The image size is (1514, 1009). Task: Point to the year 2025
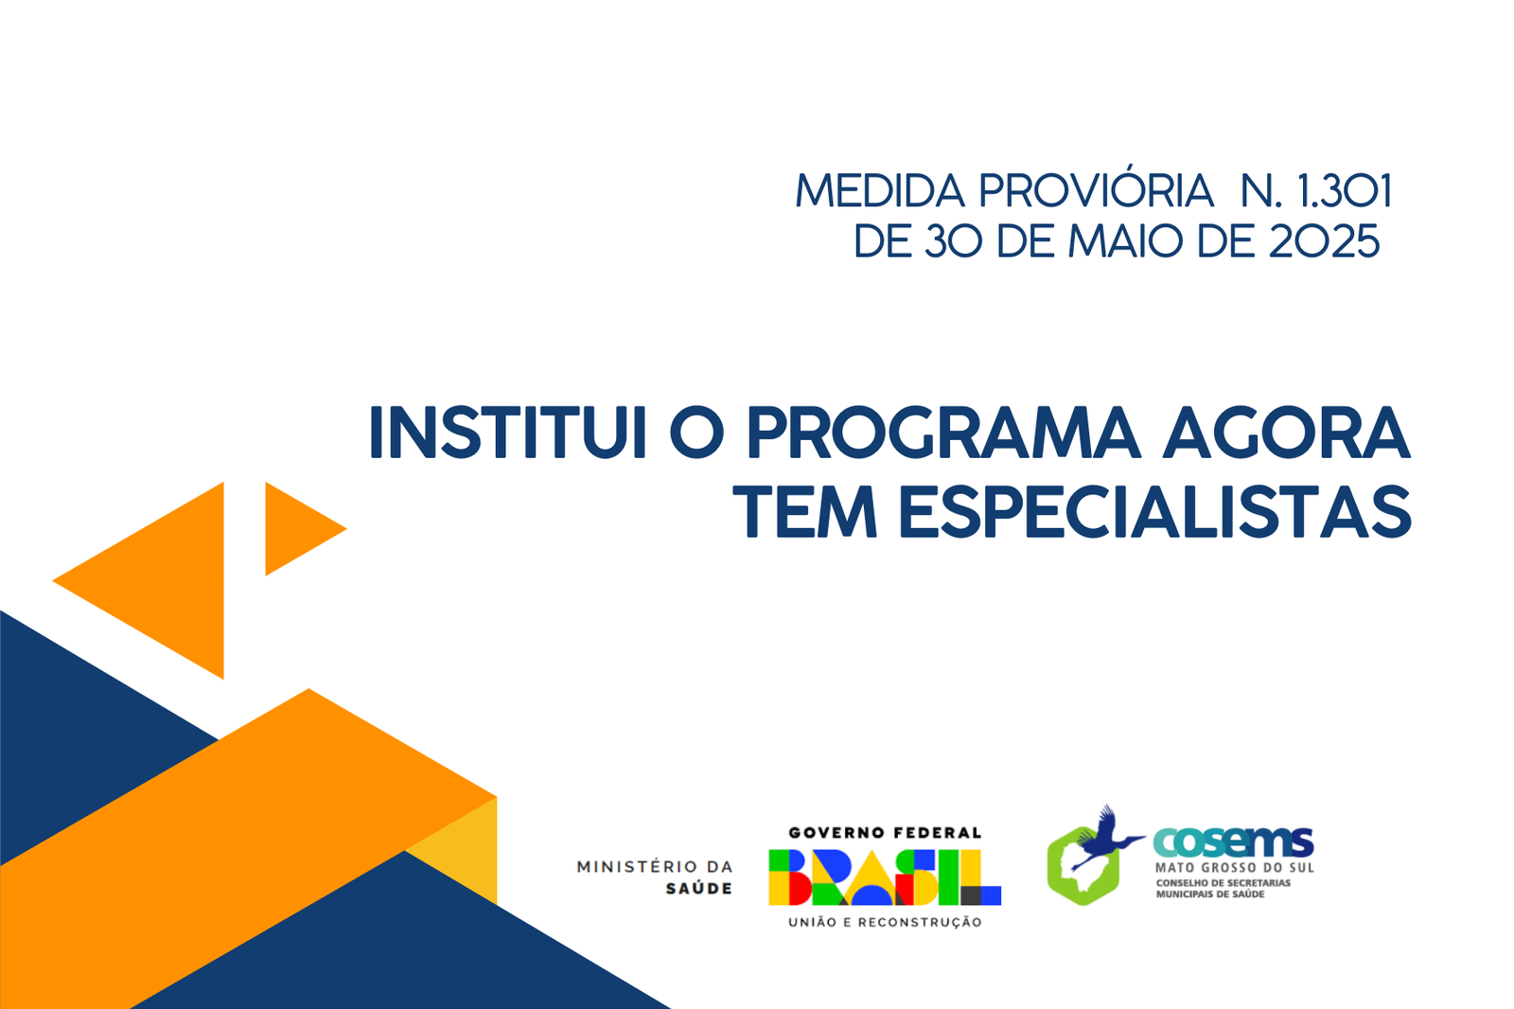pos(1324,240)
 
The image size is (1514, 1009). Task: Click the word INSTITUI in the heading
pos(508,433)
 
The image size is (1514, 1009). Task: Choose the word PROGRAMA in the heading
pos(943,433)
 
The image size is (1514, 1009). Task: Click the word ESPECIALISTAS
pos(1155,511)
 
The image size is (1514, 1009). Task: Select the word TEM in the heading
pos(805,511)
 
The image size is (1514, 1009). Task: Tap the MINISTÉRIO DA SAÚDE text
pos(654,877)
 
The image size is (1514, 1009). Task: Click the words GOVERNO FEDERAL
pos(885,833)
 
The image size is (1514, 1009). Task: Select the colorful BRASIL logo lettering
pos(885,877)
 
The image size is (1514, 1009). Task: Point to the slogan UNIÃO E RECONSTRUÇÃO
pos(885,922)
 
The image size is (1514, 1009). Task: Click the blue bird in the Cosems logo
pos(1106,838)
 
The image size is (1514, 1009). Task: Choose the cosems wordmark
pos(1233,841)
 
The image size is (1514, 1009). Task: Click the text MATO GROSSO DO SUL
pos(1234,868)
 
